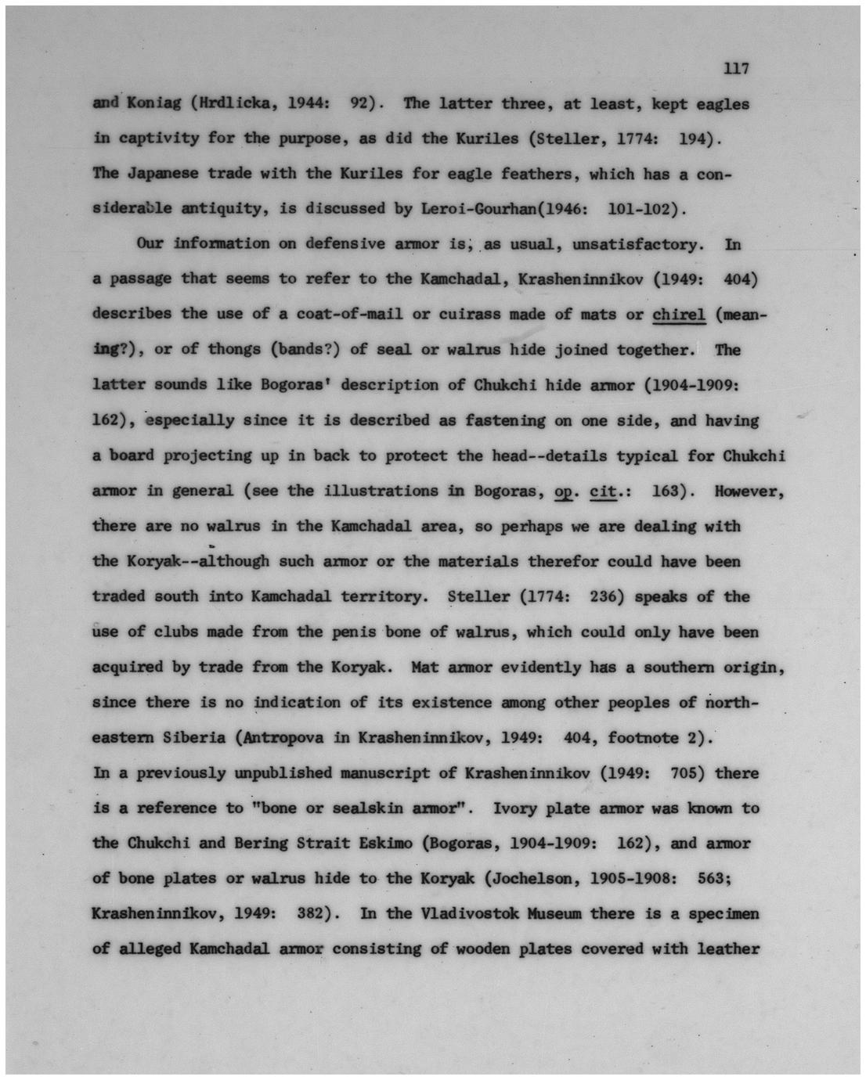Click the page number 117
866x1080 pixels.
[737, 69]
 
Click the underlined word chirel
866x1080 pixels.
[679, 315]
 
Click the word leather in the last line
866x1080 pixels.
[728, 949]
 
